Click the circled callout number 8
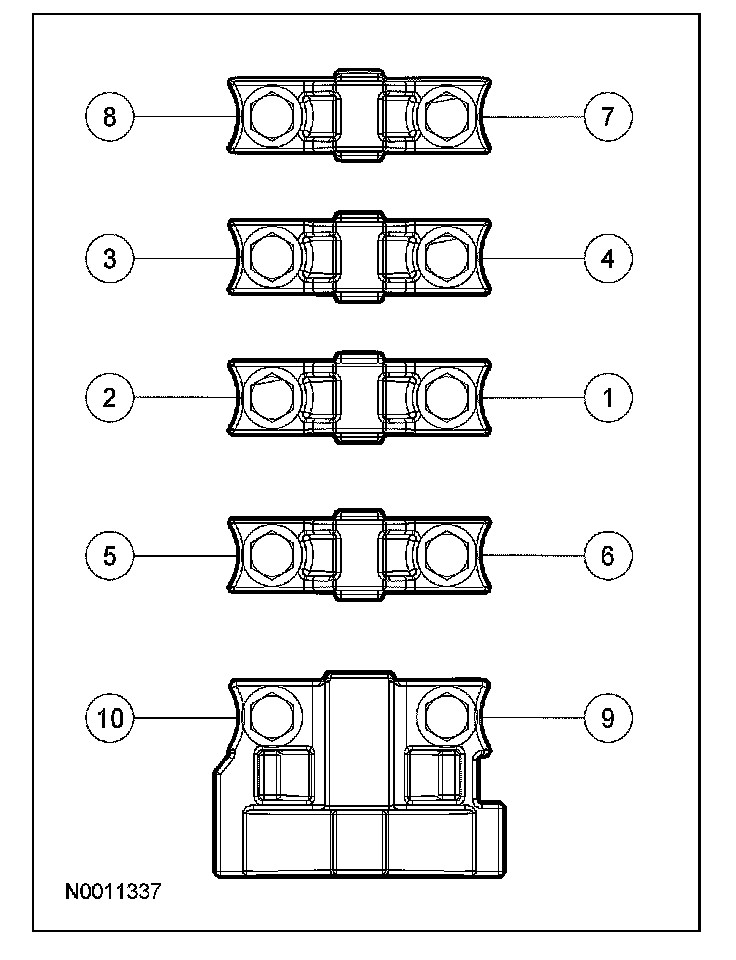(109, 117)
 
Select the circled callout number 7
(608, 117)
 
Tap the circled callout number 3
(109, 258)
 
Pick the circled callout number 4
(608, 258)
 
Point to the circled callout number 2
(109, 398)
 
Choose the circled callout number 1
(608, 398)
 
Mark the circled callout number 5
(109, 556)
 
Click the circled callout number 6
(608, 556)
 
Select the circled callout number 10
(109, 717)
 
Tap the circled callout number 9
(608, 717)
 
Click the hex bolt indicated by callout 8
(269, 117)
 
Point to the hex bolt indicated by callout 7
(447, 117)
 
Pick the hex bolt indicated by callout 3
(269, 258)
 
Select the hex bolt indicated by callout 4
(447, 258)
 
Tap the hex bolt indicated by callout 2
(269, 398)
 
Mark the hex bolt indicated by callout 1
(447, 398)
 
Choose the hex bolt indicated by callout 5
(269, 556)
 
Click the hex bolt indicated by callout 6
(447, 556)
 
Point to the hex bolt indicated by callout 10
(269, 714)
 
